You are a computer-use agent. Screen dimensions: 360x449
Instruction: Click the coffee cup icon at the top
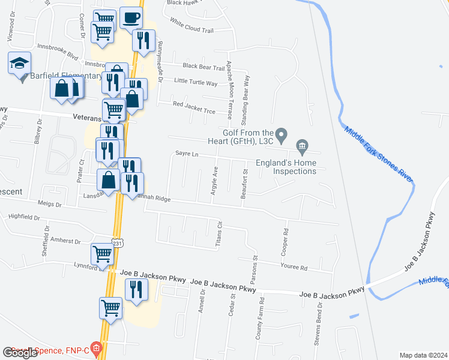click(x=131, y=18)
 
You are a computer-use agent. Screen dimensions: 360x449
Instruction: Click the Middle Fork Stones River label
click(x=379, y=154)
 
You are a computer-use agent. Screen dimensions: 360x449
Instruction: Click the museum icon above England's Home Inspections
click(x=302, y=145)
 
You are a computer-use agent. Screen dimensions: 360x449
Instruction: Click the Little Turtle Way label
click(x=196, y=83)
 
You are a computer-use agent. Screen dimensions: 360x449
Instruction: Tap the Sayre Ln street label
click(x=187, y=154)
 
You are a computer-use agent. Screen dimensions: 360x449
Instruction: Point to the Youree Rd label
click(x=294, y=268)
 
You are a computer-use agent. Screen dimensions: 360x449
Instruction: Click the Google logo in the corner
click(x=20, y=353)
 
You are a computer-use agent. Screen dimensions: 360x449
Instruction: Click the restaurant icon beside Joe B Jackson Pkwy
click(x=136, y=289)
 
